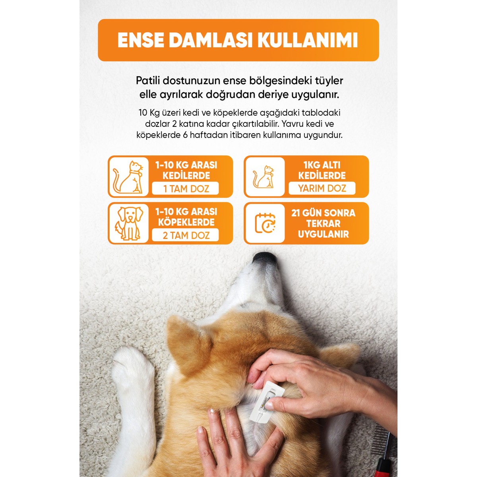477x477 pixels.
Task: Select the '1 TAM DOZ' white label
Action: pyautogui.click(x=185, y=188)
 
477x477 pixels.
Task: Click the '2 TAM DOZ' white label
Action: pyautogui.click(x=185, y=235)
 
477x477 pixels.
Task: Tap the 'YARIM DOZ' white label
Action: pyautogui.click(x=322, y=188)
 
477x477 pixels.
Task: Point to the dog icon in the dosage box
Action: pyautogui.click(x=129, y=223)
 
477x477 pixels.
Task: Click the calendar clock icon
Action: pyautogui.click(x=265, y=223)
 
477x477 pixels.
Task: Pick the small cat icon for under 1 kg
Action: pyautogui.click(x=264, y=176)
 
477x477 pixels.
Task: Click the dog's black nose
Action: pyautogui.click(x=265, y=259)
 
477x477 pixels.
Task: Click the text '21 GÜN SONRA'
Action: pyautogui.click(x=323, y=213)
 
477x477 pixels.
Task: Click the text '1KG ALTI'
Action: pyautogui.click(x=322, y=165)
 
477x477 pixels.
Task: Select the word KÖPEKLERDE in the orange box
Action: pyautogui.click(x=186, y=222)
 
